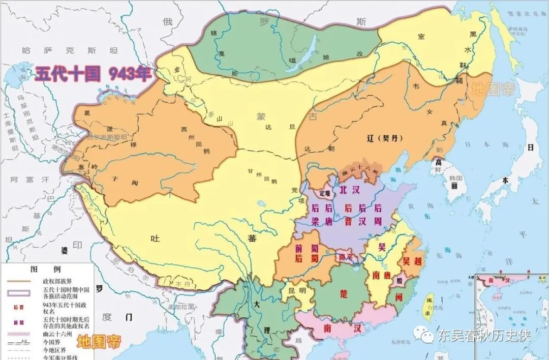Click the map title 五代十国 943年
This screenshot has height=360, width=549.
[93, 74]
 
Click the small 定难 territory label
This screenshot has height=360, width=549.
[323, 193]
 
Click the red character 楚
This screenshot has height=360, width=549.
[344, 294]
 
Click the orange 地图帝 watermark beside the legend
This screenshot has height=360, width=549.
[99, 341]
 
